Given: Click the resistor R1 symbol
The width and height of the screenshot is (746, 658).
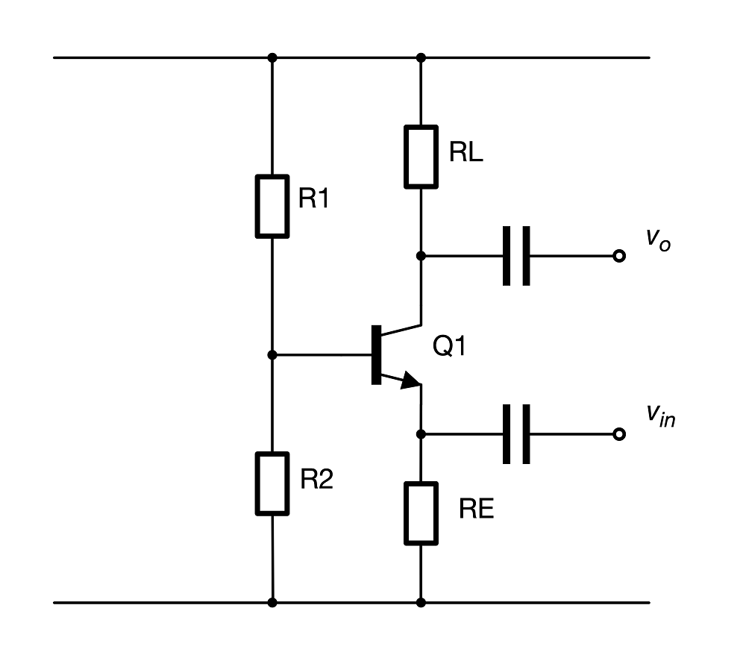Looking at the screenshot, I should (x=272, y=206).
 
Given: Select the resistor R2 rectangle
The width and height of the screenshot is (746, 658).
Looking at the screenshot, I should (x=272, y=483).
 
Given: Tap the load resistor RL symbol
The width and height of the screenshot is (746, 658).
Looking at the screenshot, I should (x=421, y=156).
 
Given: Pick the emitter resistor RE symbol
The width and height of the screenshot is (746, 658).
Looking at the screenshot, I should (x=421, y=513).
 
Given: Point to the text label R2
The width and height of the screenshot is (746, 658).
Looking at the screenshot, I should (x=317, y=480).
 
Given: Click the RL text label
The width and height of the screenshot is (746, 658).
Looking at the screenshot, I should (x=466, y=152).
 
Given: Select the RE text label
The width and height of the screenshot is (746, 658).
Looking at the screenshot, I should (x=477, y=510).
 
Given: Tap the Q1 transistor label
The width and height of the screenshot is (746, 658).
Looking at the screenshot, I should (x=450, y=346).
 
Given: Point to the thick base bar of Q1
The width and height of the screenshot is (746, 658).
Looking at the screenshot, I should (x=375, y=355).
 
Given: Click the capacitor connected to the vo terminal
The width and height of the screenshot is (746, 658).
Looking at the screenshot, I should (x=516, y=256).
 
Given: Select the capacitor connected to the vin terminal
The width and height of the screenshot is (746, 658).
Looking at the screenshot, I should (x=516, y=434).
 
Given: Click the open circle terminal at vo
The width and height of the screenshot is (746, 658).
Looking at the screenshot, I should (x=618, y=256).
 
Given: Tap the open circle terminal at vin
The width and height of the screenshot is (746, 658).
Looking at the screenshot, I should (x=618, y=434).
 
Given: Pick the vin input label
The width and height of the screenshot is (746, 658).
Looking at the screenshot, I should (x=661, y=416).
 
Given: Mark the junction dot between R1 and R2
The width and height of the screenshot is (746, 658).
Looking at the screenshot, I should (x=272, y=355).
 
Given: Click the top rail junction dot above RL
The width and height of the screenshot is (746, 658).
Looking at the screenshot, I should (x=421, y=57).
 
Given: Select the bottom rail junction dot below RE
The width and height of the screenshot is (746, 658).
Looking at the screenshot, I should (x=421, y=602).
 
